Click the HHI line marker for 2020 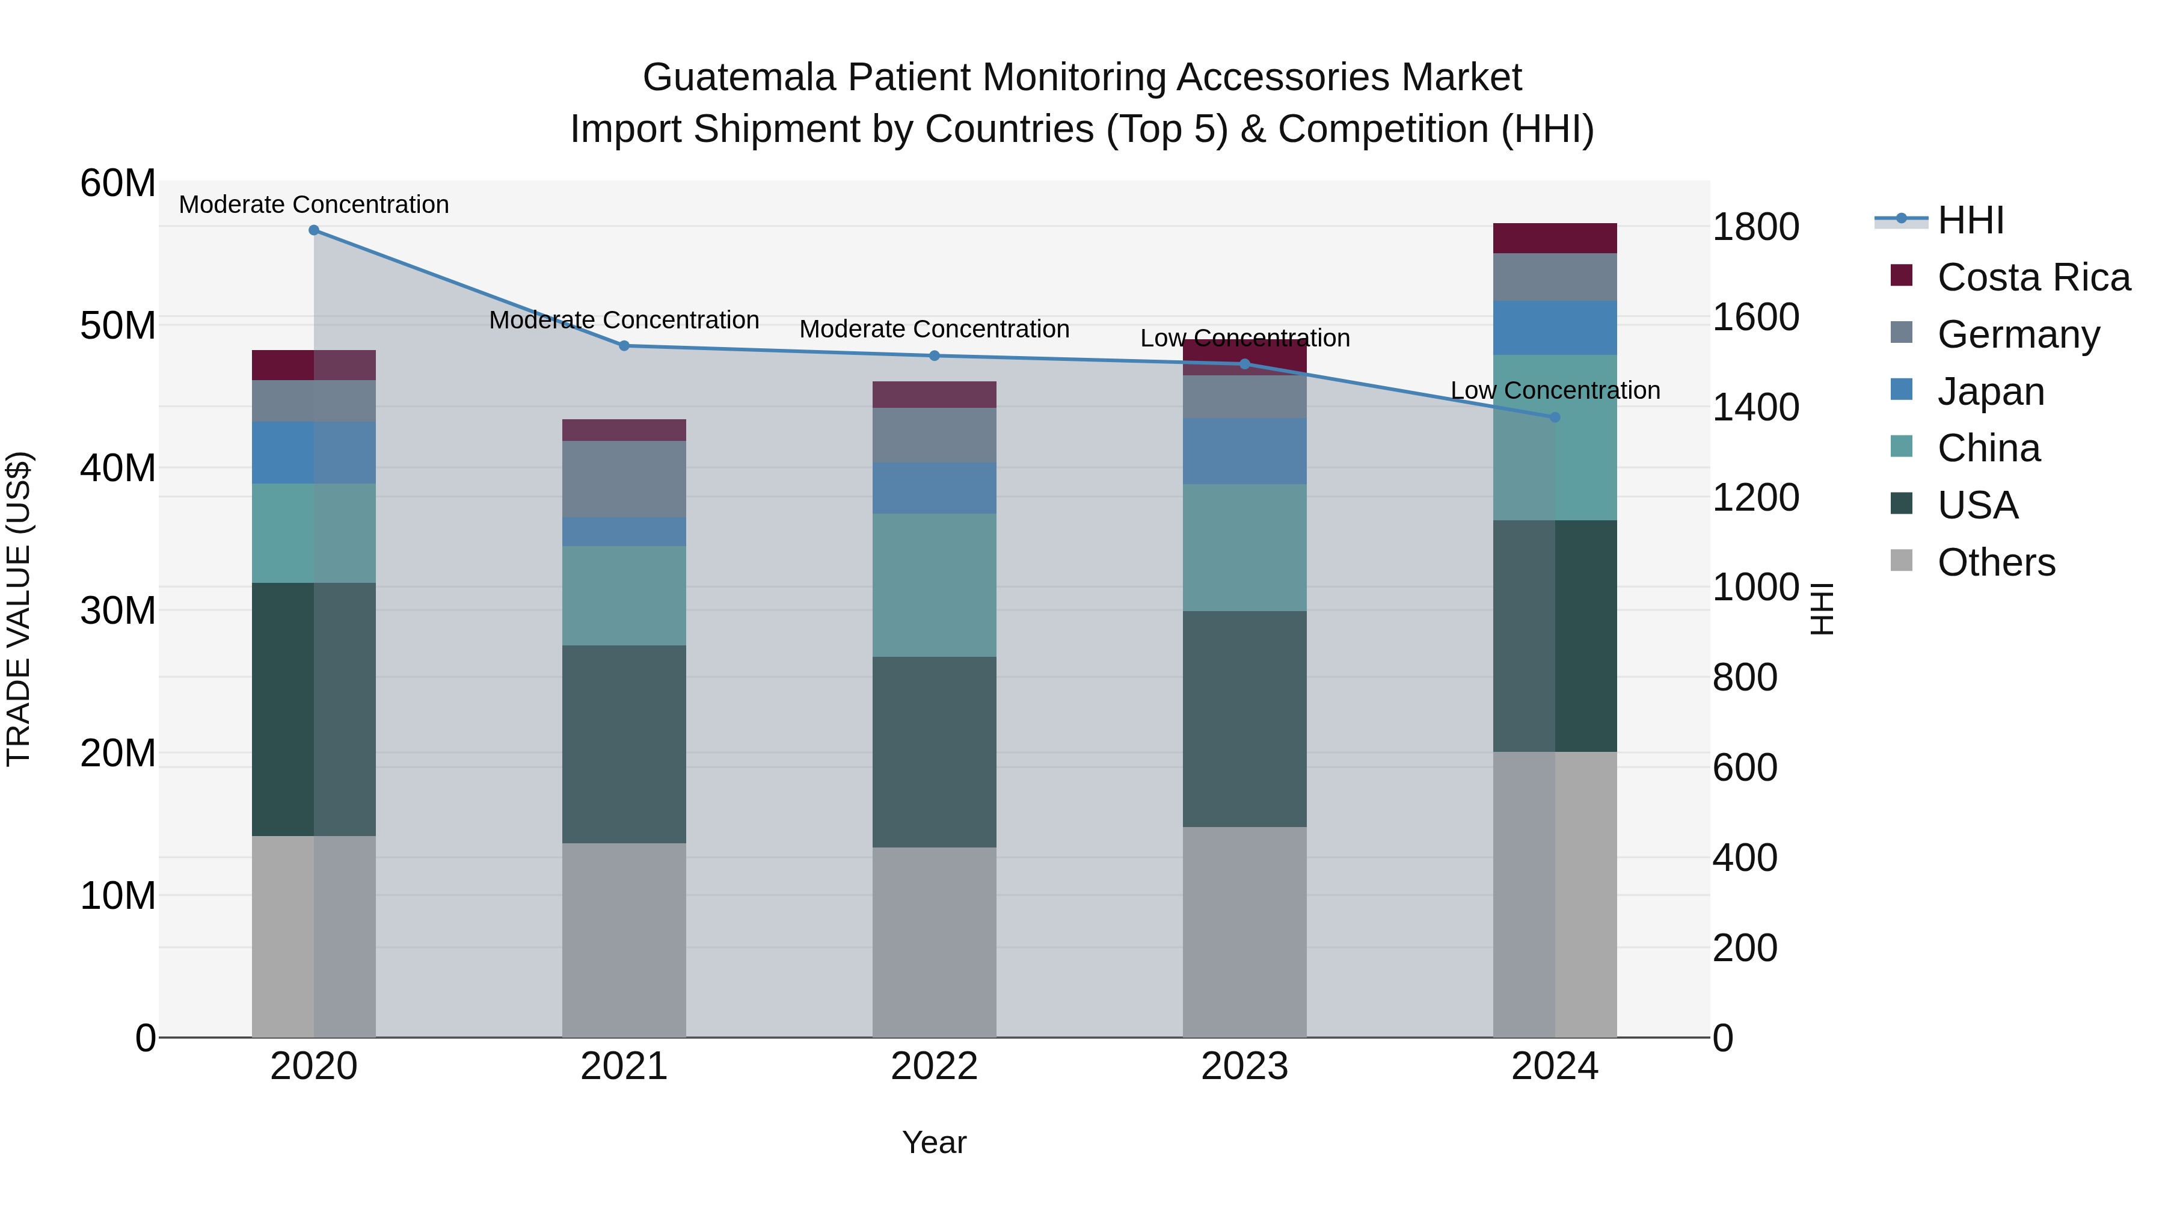(x=313, y=230)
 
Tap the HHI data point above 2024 (x=1554, y=417)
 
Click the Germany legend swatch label (x=2018, y=334)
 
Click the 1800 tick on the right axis (x=1755, y=227)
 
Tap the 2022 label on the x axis (x=934, y=1066)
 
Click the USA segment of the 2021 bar (x=624, y=744)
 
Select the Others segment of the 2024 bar (x=1554, y=894)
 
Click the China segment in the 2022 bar (x=934, y=585)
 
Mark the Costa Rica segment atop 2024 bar (x=1554, y=238)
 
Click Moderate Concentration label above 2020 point (x=313, y=205)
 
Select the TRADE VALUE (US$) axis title (x=19, y=609)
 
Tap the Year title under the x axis (x=934, y=1142)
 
